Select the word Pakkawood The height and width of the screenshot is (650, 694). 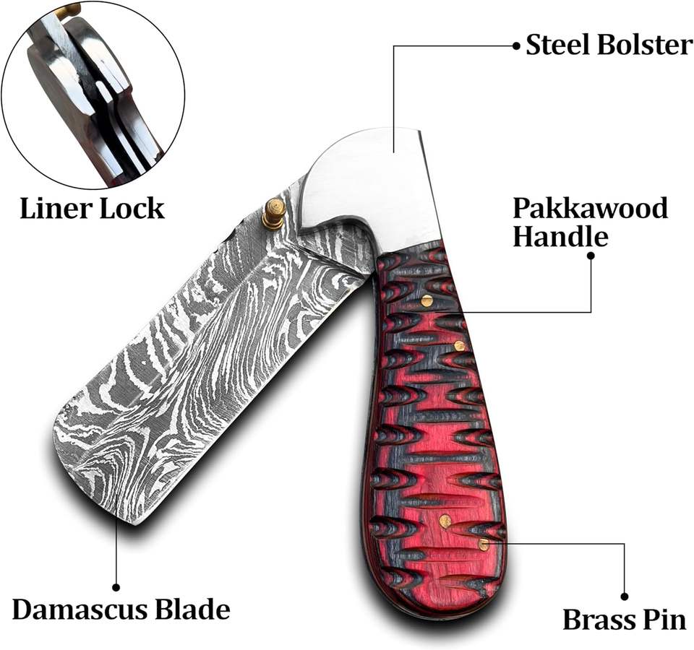[590, 209]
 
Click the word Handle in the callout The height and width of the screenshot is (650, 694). [560, 236]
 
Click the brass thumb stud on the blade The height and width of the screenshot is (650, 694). [273, 214]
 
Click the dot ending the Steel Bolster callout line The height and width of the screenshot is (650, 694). [516, 45]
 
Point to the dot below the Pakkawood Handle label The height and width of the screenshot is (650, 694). [591, 255]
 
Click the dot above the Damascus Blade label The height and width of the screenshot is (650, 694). [116, 587]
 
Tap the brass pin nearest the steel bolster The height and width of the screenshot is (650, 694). [427, 300]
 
